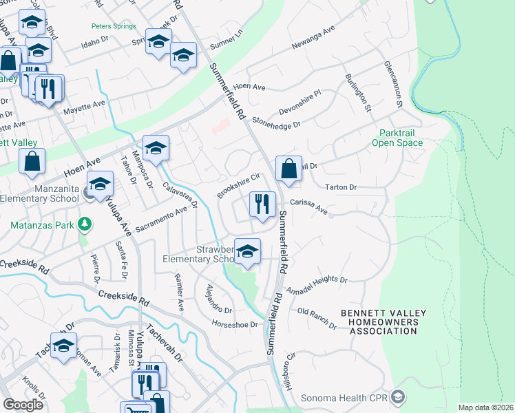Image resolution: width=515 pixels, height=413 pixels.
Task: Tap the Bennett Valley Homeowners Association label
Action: (x=383, y=322)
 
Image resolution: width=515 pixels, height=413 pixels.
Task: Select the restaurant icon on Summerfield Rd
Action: (x=262, y=204)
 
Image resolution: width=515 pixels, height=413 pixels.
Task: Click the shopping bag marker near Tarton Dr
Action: (x=288, y=168)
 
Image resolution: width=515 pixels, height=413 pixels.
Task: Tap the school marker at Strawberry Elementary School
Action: (x=247, y=252)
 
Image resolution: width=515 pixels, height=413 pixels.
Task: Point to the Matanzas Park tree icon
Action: (x=84, y=224)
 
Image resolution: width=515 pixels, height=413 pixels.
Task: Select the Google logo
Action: (x=23, y=405)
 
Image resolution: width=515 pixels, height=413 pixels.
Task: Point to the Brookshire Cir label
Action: (x=238, y=186)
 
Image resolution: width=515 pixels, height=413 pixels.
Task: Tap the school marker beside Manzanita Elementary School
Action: (x=100, y=184)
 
